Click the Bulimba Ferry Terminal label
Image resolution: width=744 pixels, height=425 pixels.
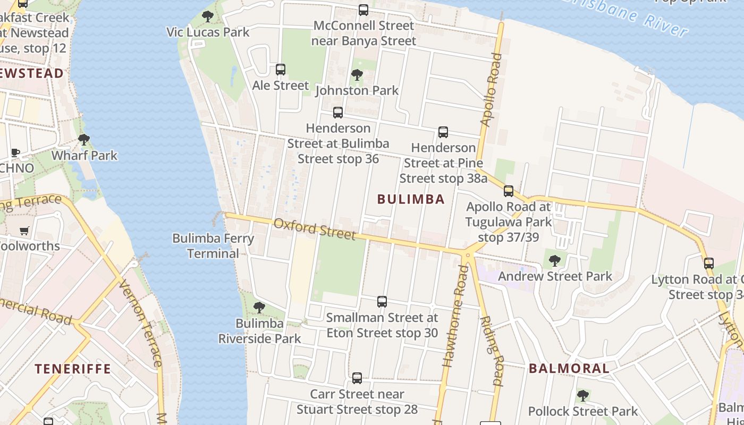click(x=213, y=246)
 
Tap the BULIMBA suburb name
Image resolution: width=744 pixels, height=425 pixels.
click(x=411, y=199)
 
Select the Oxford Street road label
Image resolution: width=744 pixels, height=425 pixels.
click(x=314, y=228)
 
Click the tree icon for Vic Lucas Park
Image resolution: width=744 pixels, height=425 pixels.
click(x=208, y=16)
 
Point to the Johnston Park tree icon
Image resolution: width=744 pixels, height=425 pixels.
click(x=357, y=75)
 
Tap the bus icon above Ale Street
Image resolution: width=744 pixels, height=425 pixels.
click(x=281, y=70)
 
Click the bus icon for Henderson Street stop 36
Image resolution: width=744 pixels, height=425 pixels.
click(x=338, y=113)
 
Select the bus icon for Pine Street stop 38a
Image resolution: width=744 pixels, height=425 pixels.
click(x=443, y=132)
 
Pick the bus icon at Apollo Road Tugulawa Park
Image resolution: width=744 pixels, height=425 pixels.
click(x=509, y=191)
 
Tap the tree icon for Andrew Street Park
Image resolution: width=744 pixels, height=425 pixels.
click(x=555, y=260)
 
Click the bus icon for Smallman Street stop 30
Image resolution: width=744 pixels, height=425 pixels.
click(x=382, y=302)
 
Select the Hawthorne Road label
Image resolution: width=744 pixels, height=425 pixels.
click(x=456, y=316)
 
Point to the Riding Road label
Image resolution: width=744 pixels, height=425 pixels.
click(x=492, y=351)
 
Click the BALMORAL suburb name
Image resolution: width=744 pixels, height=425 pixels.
click(x=569, y=368)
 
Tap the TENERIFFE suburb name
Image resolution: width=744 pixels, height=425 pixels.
click(x=73, y=368)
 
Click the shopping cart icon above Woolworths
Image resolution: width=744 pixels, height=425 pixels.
click(x=24, y=231)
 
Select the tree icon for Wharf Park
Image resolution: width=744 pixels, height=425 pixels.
click(x=83, y=140)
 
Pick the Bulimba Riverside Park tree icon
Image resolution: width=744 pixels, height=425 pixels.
click(x=259, y=307)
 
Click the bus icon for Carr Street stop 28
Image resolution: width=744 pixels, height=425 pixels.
click(x=357, y=378)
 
